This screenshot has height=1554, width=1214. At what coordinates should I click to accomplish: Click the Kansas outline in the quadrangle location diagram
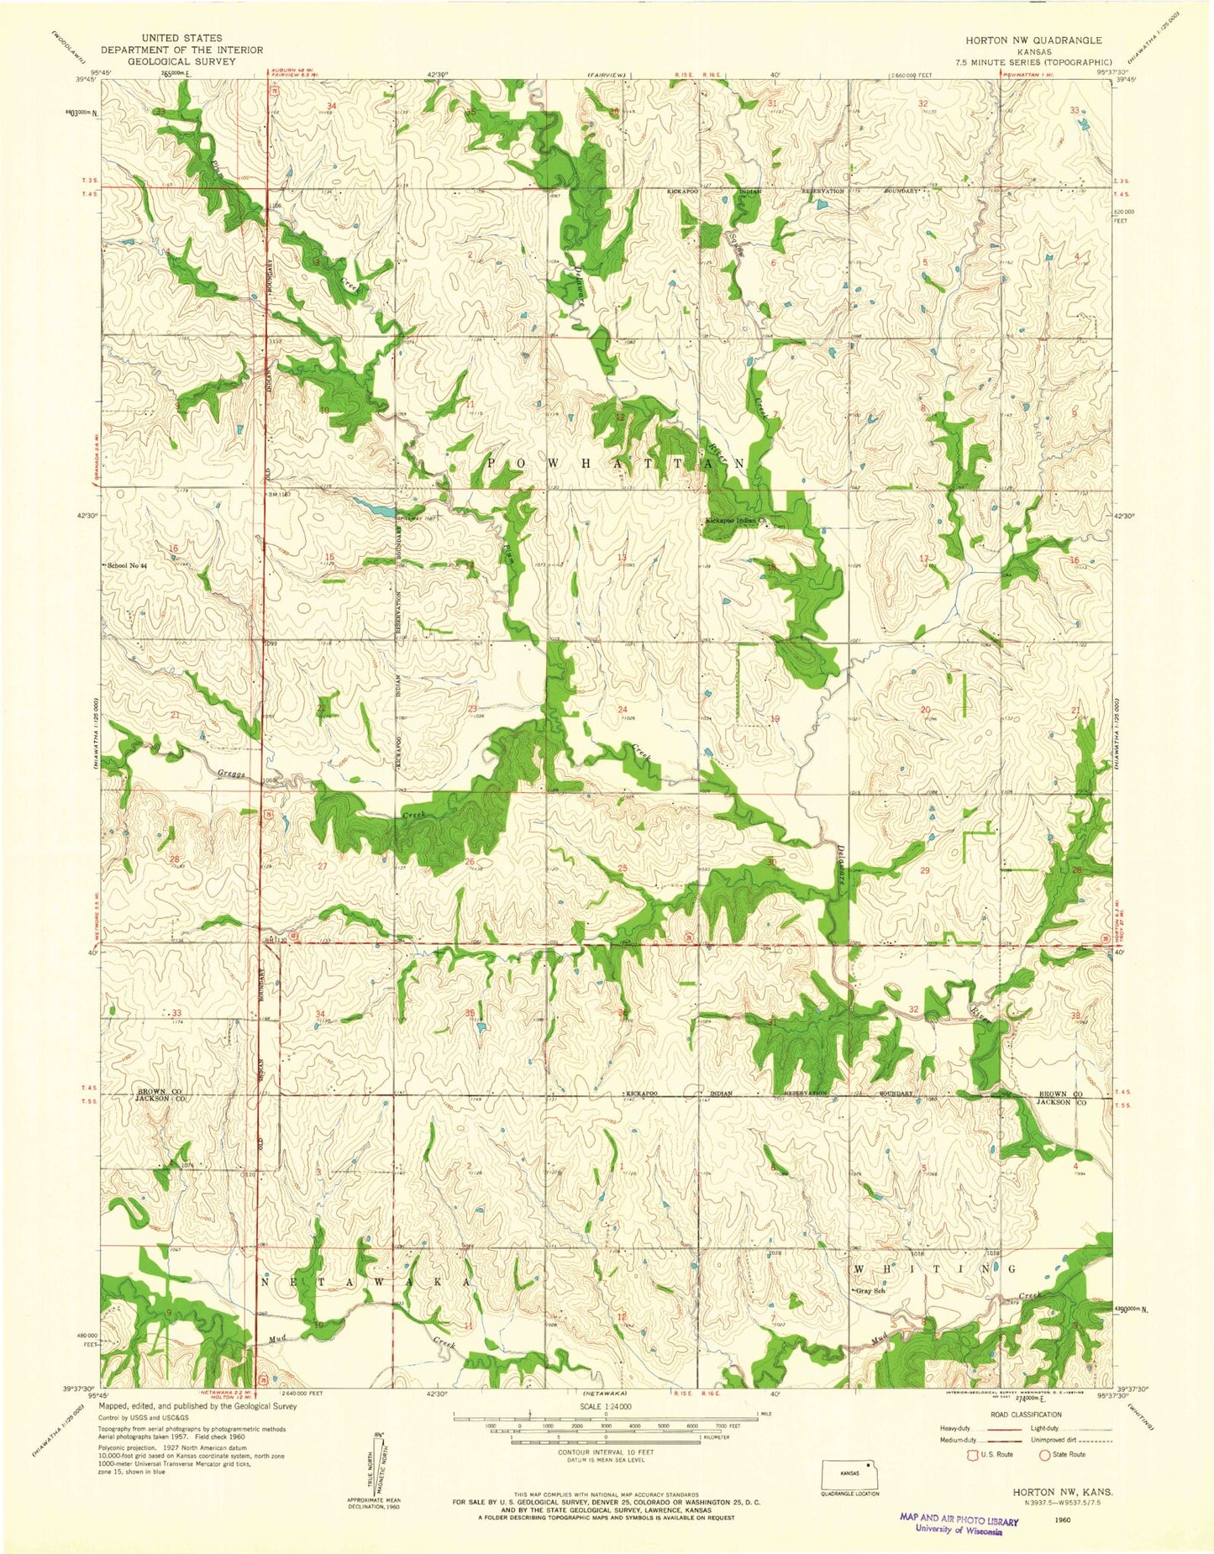coord(849,1474)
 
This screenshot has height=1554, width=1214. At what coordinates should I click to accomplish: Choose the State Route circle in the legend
coord(1046,1454)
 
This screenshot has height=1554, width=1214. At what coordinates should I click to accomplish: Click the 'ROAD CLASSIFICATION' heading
coord(1026,1415)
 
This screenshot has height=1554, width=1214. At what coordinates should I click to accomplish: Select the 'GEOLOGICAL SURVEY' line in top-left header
coord(181,61)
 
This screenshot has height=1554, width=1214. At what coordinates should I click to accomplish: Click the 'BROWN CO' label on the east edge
coord(1058,1094)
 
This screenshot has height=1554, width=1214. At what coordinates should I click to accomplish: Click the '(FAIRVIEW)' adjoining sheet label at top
coord(607,76)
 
